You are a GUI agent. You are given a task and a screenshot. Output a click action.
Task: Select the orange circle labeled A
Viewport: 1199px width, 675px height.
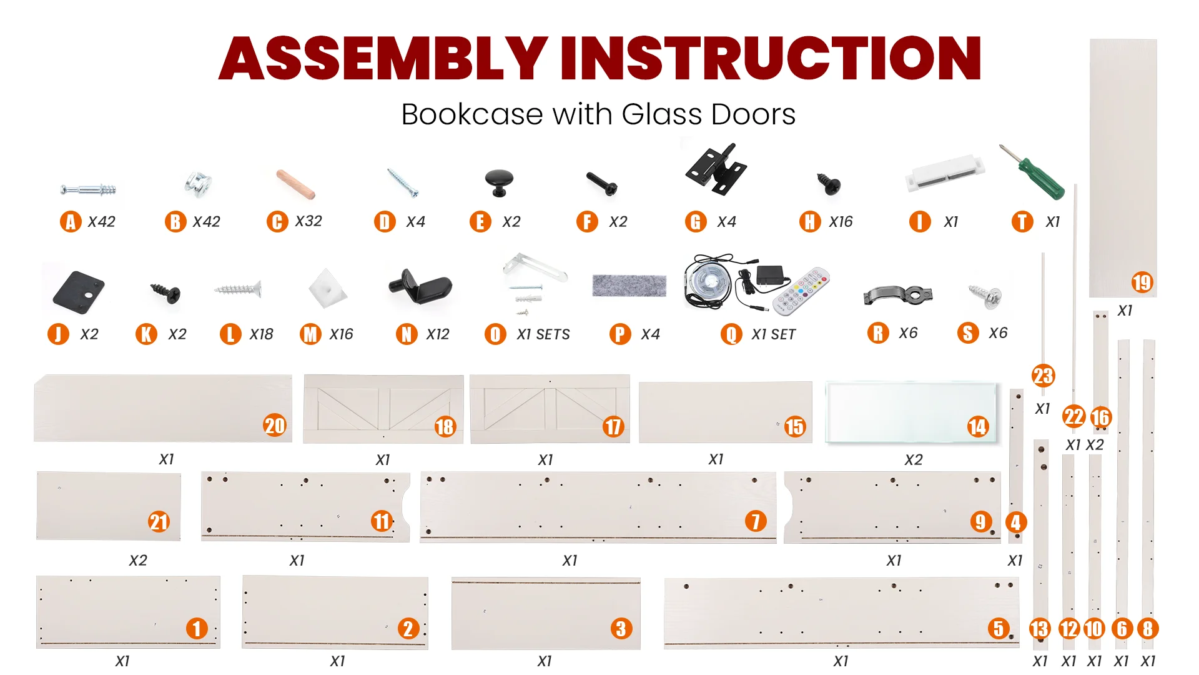[x=71, y=222]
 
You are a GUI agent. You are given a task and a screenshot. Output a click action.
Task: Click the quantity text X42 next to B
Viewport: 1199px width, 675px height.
[x=206, y=222]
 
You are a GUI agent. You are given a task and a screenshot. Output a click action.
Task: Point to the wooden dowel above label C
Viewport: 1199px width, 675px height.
[x=296, y=184]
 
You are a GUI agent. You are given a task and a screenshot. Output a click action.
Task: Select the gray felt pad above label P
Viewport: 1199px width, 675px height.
[x=629, y=285]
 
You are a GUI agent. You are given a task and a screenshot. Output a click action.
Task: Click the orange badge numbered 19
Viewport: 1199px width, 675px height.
[x=1142, y=282]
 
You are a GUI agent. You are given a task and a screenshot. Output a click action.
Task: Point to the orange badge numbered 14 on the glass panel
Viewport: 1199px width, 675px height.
[x=978, y=427]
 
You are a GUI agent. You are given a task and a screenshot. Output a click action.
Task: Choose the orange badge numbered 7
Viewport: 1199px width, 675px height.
[x=756, y=521]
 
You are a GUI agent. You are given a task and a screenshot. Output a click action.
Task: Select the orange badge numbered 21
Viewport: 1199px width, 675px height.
[x=159, y=522]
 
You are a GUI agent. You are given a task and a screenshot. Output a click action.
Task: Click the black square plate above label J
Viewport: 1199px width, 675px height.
[x=78, y=290]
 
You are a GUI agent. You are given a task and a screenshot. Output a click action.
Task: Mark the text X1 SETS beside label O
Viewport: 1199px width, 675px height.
[x=543, y=335]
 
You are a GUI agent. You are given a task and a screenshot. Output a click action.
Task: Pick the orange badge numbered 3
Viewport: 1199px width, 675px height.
[x=621, y=629]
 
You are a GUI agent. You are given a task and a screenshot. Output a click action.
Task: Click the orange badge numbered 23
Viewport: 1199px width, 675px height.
[x=1043, y=376]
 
